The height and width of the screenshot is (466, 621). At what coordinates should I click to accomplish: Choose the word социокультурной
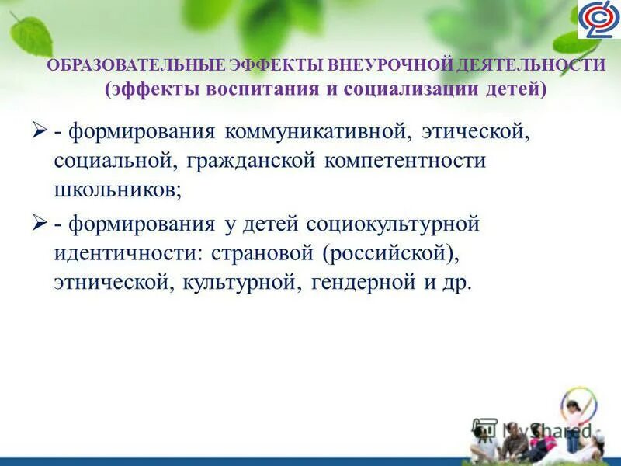coord(395,224)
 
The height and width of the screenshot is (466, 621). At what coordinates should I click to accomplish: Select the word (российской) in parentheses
coord(385,254)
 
